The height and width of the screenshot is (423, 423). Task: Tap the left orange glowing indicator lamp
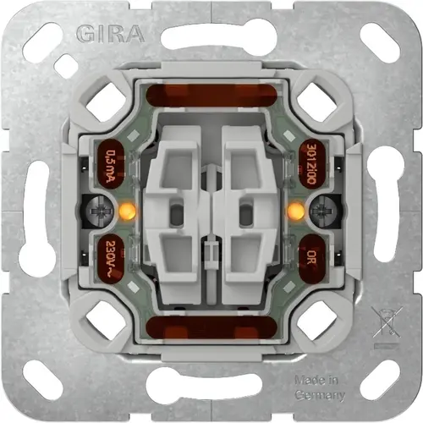(x=129, y=210)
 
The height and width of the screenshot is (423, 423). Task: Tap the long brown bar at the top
(x=211, y=94)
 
